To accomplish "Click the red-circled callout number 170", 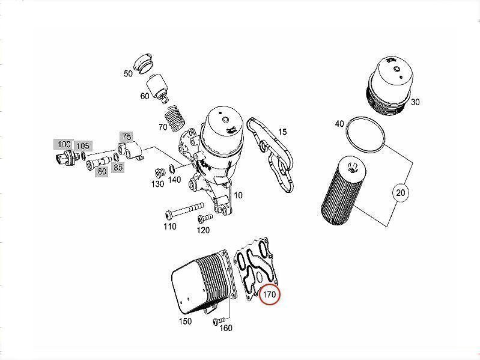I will coord(269,295).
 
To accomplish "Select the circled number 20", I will coord(401,193).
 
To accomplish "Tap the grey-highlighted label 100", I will coord(64,144).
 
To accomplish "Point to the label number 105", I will coord(83,146).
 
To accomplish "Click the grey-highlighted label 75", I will coord(126,136).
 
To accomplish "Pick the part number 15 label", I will coord(282,132).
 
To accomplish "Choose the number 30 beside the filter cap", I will coord(415,102).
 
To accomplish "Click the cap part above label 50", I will coord(144,63).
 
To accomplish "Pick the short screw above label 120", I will coord(205,218).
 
